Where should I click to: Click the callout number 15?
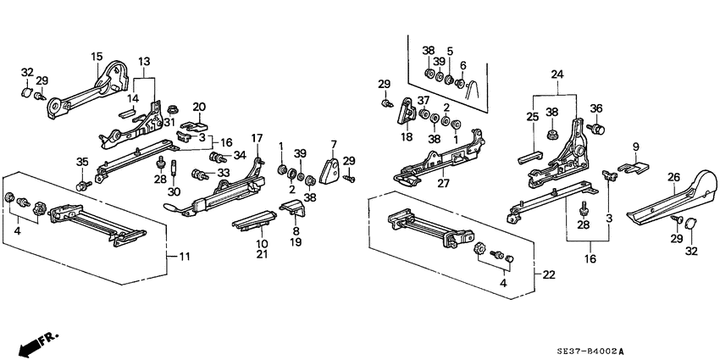[97, 56]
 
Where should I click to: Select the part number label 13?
[144, 62]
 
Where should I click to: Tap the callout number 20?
[199, 107]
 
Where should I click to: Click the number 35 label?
[82, 162]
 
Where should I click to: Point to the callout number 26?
[673, 177]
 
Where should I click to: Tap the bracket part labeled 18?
[406, 114]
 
